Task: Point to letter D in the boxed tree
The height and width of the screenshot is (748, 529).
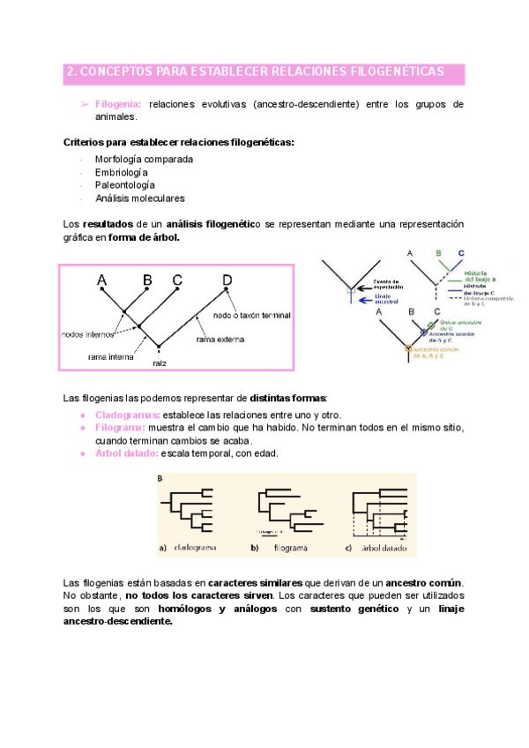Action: click(227, 280)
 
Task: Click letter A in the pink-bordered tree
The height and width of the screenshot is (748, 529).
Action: click(102, 280)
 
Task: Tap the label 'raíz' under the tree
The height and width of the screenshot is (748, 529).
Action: click(159, 363)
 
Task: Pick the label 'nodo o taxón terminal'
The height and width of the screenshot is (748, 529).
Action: click(250, 314)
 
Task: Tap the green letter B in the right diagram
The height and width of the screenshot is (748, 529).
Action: click(438, 254)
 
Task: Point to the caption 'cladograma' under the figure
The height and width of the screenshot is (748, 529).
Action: click(197, 548)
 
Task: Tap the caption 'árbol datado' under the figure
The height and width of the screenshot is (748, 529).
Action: click(381, 548)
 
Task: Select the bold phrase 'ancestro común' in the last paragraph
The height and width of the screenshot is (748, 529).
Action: click(422, 584)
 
